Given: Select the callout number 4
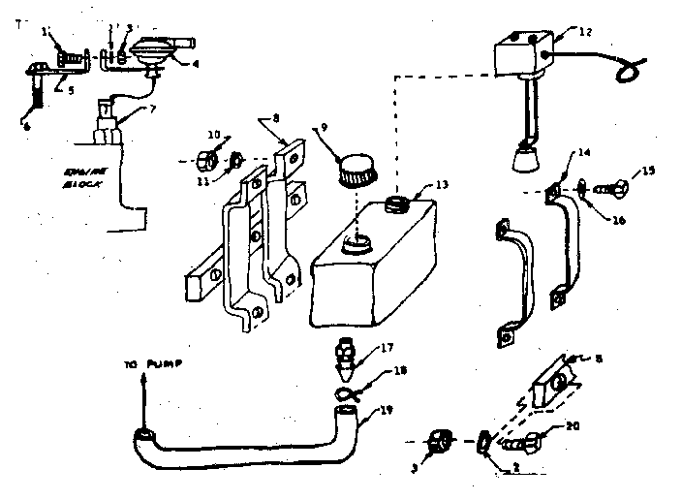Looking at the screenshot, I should click(197, 65).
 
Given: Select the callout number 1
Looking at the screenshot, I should click(46, 32).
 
